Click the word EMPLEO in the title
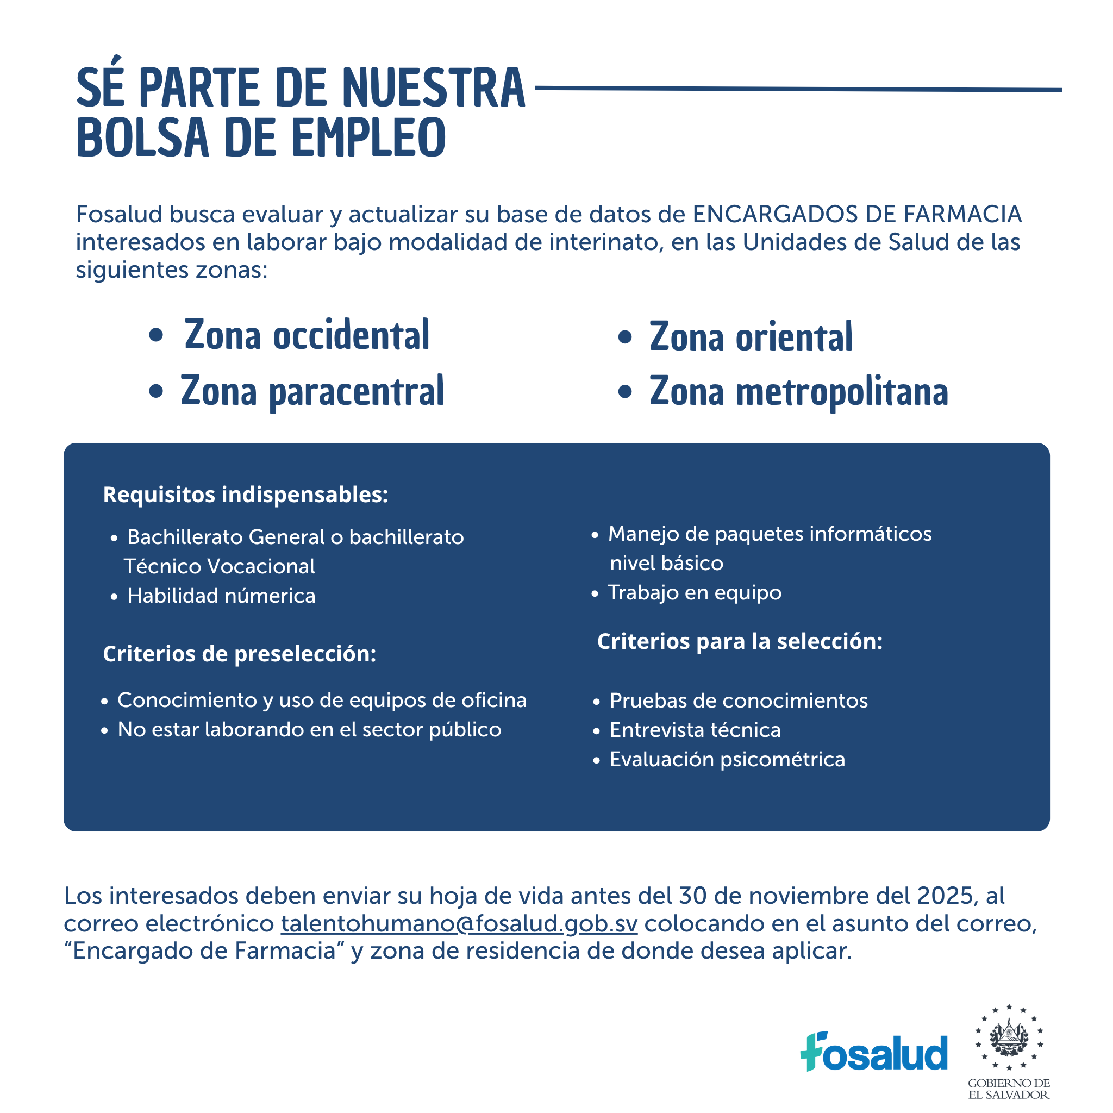click(368, 137)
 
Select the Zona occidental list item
click(307, 335)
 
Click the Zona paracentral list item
click(312, 391)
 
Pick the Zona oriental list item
click(750, 337)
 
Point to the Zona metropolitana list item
click(798, 392)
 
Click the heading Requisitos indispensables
click(246, 495)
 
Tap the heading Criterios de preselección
click(239, 654)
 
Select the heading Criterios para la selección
click(740, 641)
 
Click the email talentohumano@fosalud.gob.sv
click(459, 923)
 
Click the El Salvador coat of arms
click(1009, 1037)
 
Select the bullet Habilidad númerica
click(221, 596)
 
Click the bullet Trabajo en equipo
click(694, 592)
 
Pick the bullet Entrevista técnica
click(695, 730)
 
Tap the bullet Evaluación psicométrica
click(727, 759)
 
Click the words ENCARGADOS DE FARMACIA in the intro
click(856, 214)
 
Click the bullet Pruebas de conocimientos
click(739, 701)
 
